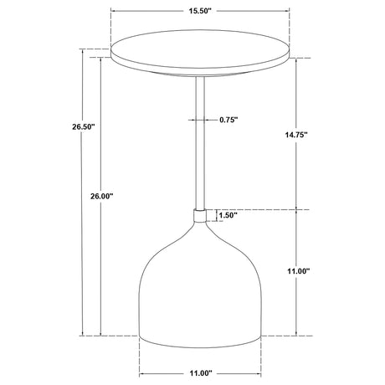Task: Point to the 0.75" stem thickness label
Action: click(x=228, y=120)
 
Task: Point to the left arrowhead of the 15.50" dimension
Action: click(x=113, y=12)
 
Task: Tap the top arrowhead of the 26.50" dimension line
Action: click(x=83, y=51)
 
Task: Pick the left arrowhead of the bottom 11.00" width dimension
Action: click(x=142, y=373)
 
